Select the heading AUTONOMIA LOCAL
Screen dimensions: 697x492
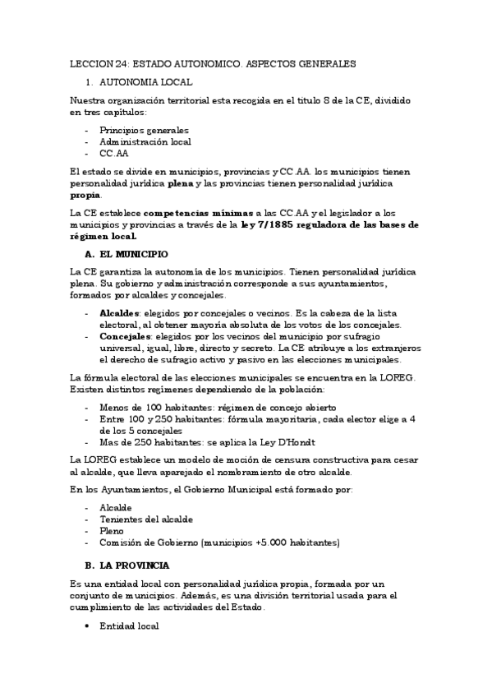coord(145,82)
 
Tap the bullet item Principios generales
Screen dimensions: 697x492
coord(144,130)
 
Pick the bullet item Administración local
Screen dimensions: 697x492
coord(145,141)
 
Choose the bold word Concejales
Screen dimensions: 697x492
coord(125,336)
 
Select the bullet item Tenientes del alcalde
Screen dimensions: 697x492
coord(145,519)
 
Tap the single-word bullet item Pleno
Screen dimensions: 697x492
coord(112,531)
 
